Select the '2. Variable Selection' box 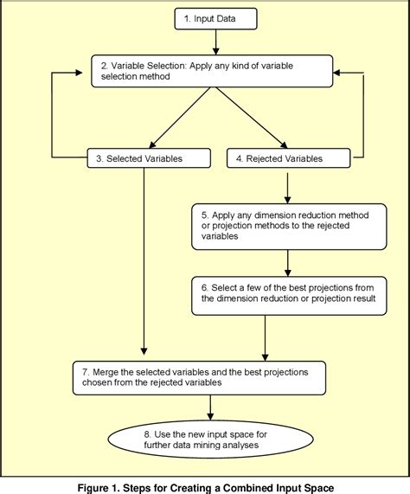212,70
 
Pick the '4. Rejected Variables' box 288,158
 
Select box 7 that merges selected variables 200,375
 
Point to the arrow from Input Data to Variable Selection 215,42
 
